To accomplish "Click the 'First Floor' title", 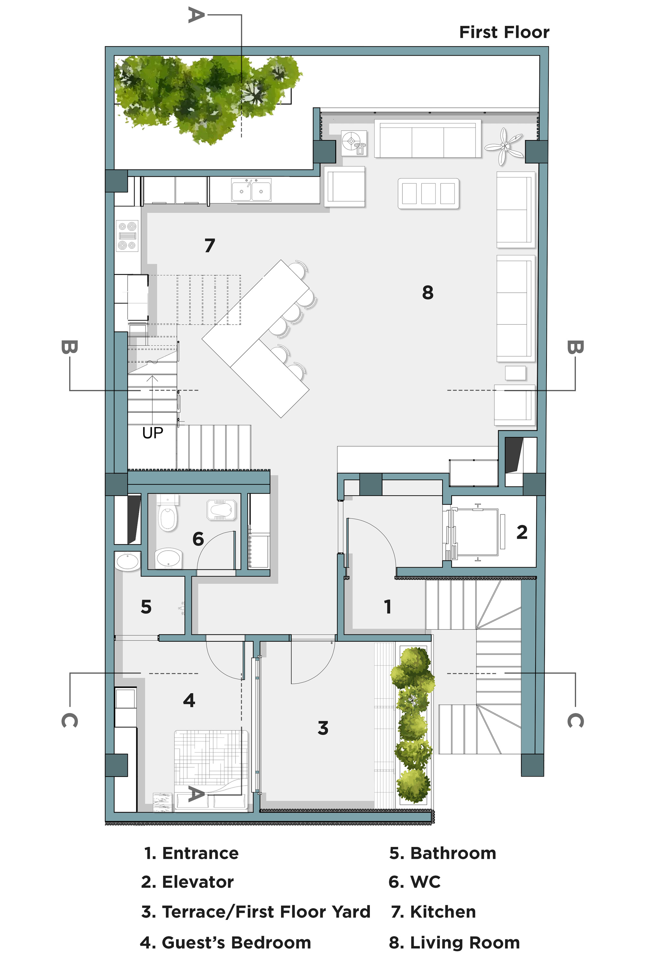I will (504, 32).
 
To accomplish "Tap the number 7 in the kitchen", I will (210, 246).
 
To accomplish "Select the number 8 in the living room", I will (428, 293).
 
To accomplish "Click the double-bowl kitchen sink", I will (251, 190).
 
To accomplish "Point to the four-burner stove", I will (127, 236).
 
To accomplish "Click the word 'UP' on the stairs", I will (152, 433).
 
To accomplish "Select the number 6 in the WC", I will (198, 539).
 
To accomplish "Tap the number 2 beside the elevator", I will (522, 532).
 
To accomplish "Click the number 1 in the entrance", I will (387, 606).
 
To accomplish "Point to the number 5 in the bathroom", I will (146, 607).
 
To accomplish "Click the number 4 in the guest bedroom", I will (189, 700).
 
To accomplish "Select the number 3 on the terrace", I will (323, 728).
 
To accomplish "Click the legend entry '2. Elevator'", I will (187, 882).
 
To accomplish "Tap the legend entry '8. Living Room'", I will (454, 943).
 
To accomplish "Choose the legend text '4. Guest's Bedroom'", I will (225, 943).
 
